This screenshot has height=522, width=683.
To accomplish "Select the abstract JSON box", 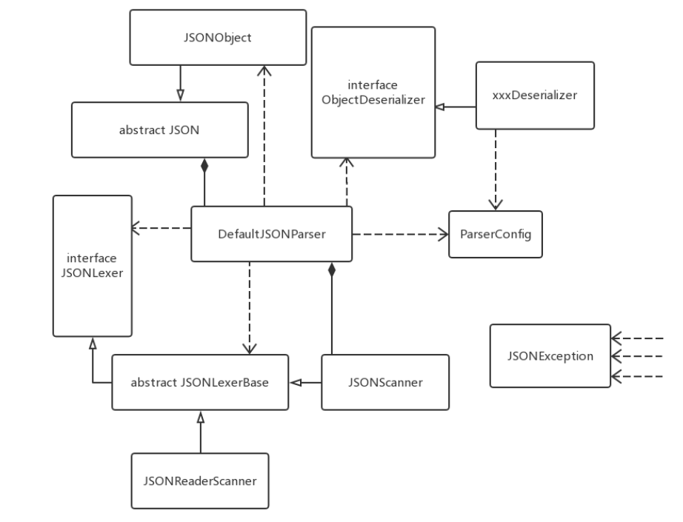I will click(x=159, y=129).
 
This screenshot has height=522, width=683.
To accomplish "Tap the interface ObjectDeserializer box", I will click(x=373, y=92).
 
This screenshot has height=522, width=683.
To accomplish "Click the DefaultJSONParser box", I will click(x=272, y=234).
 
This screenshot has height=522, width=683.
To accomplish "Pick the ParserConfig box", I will click(x=496, y=234).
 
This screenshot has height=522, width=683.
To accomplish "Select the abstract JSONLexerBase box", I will click(x=200, y=382).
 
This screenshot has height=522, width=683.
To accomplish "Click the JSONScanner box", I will click(x=385, y=382).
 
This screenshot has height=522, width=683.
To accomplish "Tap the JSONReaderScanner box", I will click(x=199, y=481).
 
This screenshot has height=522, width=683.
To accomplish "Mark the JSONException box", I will click(x=550, y=355).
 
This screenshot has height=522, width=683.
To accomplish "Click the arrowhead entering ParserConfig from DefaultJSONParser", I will click(x=444, y=234).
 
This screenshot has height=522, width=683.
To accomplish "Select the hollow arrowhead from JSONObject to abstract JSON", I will click(x=181, y=95).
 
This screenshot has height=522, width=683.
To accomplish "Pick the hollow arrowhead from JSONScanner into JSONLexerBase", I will click(x=296, y=382).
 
